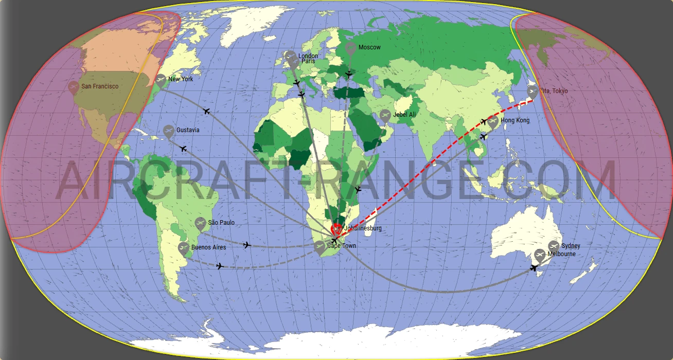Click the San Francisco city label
(x=100, y=86)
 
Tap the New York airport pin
(x=161, y=80)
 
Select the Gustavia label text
(x=188, y=130)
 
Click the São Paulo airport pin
(x=201, y=223)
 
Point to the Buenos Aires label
(x=208, y=247)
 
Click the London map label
(x=308, y=56)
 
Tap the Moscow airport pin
(x=350, y=49)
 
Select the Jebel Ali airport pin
(x=385, y=115)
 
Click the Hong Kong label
(x=515, y=120)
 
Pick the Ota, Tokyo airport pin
(x=533, y=92)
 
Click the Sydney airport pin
(x=554, y=246)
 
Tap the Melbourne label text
(x=561, y=254)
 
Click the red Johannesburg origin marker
(x=337, y=228)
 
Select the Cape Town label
(x=342, y=246)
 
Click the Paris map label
(x=308, y=61)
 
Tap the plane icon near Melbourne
(x=534, y=267)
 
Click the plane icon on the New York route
(x=207, y=111)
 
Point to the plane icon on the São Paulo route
(x=247, y=245)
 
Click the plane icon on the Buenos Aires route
(x=220, y=266)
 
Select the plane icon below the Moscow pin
(x=349, y=75)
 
